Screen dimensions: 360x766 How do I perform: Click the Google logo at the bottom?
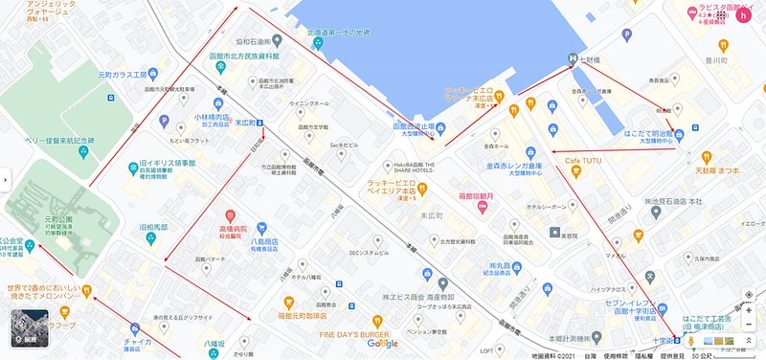tap(381, 344)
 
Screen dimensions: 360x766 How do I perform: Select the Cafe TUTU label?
tap(588, 160)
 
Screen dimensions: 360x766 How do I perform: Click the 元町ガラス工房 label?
tap(118, 74)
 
